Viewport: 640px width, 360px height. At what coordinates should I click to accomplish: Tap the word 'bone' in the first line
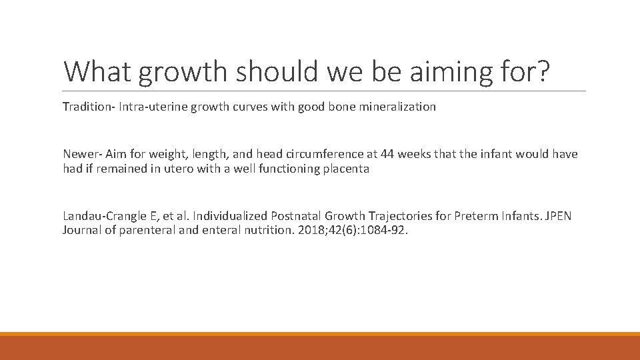point(345,107)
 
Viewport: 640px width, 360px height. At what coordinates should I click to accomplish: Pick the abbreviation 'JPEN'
point(557,216)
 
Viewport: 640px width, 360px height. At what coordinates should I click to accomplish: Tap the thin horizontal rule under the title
point(324,91)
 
